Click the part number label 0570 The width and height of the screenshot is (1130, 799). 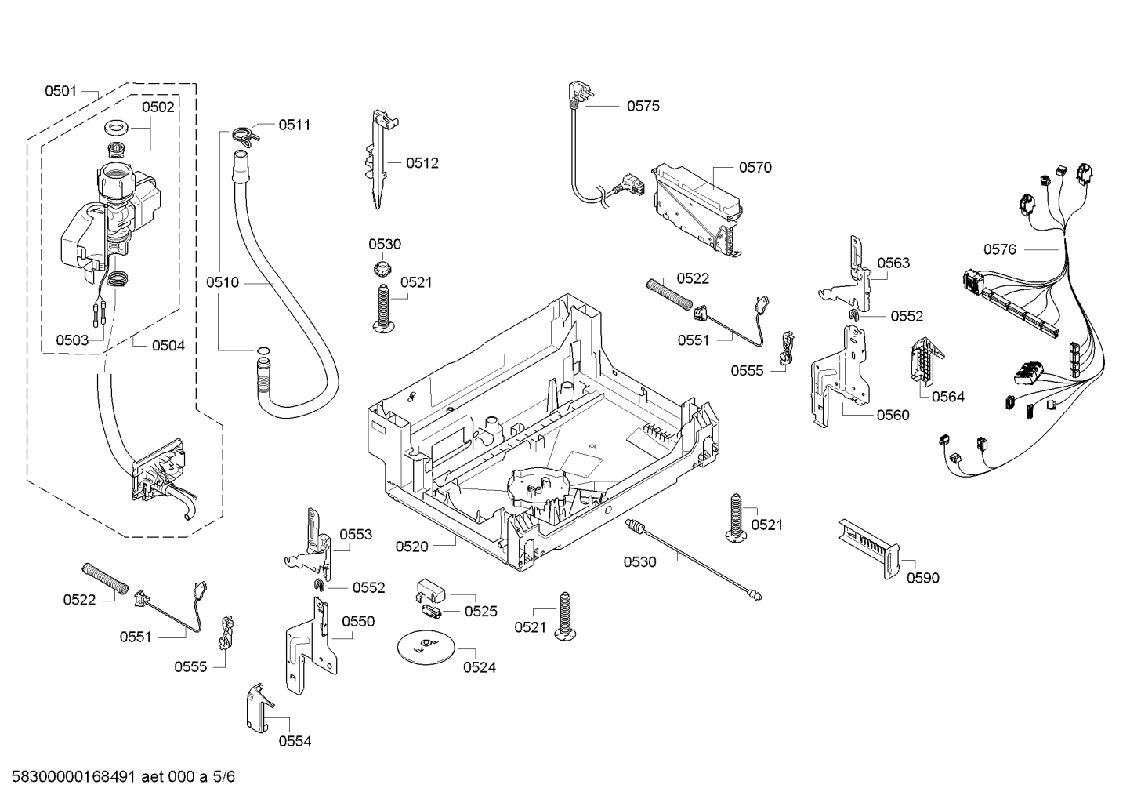755,167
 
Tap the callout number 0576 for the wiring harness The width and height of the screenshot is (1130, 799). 999,249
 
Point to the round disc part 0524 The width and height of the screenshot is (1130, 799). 425,645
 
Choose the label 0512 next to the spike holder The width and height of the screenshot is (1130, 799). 422,163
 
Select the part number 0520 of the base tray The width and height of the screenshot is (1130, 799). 411,547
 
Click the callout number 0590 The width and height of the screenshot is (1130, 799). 922,578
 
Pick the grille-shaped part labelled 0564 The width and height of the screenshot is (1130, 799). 925,359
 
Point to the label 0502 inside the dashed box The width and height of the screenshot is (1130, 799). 158,107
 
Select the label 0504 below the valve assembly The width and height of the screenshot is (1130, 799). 168,345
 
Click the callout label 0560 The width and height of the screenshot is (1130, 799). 893,415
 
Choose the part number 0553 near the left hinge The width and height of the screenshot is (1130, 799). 355,535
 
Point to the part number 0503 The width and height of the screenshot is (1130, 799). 71,340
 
